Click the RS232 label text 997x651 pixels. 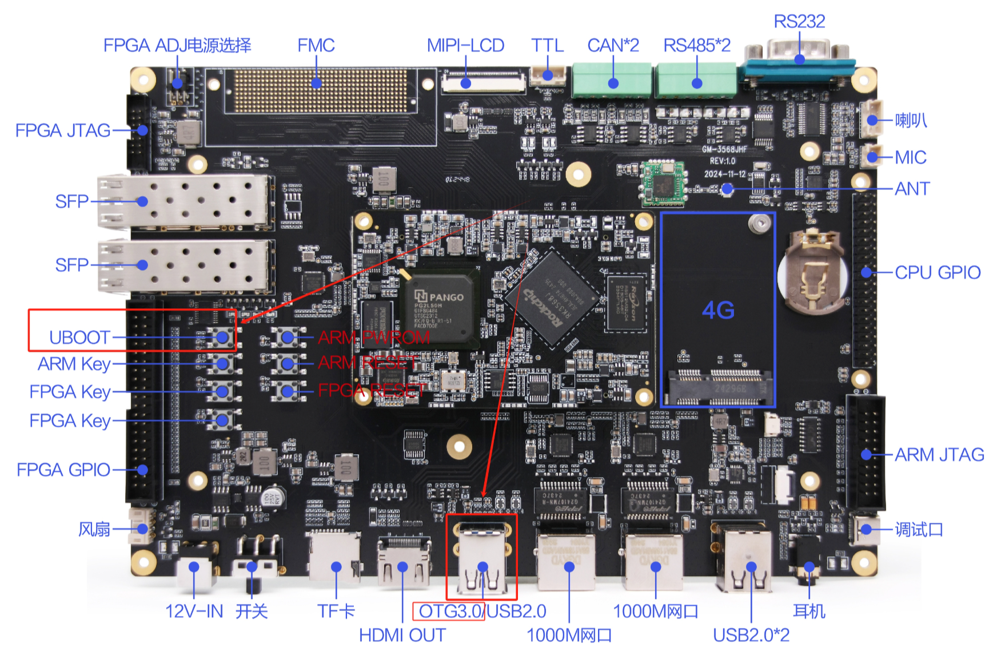(799, 22)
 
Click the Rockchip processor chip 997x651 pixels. (551, 297)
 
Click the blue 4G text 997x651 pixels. (718, 311)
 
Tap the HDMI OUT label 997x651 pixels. (402, 635)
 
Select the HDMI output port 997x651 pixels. (403, 563)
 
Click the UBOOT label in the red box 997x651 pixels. (79, 338)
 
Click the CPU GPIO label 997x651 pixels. (938, 272)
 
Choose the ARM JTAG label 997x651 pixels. (939, 455)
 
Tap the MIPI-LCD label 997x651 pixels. (465, 46)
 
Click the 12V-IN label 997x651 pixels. (194, 612)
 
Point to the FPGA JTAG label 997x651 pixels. (63, 130)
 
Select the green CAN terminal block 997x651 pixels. (612, 80)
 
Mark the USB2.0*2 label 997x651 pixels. (751, 635)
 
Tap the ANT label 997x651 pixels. (912, 189)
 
